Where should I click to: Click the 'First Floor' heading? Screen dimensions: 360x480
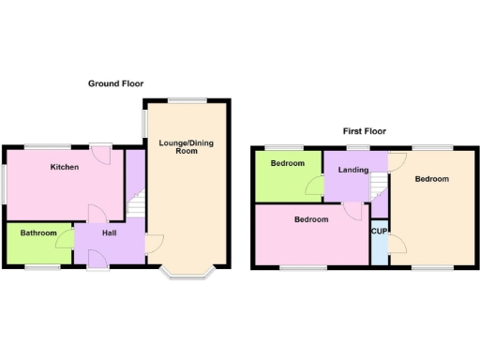pyautogui.click(x=365, y=131)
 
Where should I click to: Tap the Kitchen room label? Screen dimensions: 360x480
pyautogui.click(x=65, y=167)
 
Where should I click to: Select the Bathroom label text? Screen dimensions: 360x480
pyautogui.click(x=38, y=233)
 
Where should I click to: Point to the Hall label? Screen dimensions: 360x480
pyautogui.click(x=110, y=233)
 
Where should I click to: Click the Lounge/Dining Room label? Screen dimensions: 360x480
pyautogui.click(x=186, y=146)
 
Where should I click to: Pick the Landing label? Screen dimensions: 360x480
pyautogui.click(x=352, y=170)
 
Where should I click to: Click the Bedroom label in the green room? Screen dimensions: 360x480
pyautogui.click(x=288, y=163)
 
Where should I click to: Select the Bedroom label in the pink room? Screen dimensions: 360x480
pyautogui.click(x=310, y=219)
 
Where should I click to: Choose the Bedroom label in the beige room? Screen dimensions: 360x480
pyautogui.click(x=432, y=179)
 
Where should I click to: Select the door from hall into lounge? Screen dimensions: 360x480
pyautogui.click(x=151, y=247)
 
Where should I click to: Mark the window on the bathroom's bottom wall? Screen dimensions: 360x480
pyautogui.click(x=41, y=268)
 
